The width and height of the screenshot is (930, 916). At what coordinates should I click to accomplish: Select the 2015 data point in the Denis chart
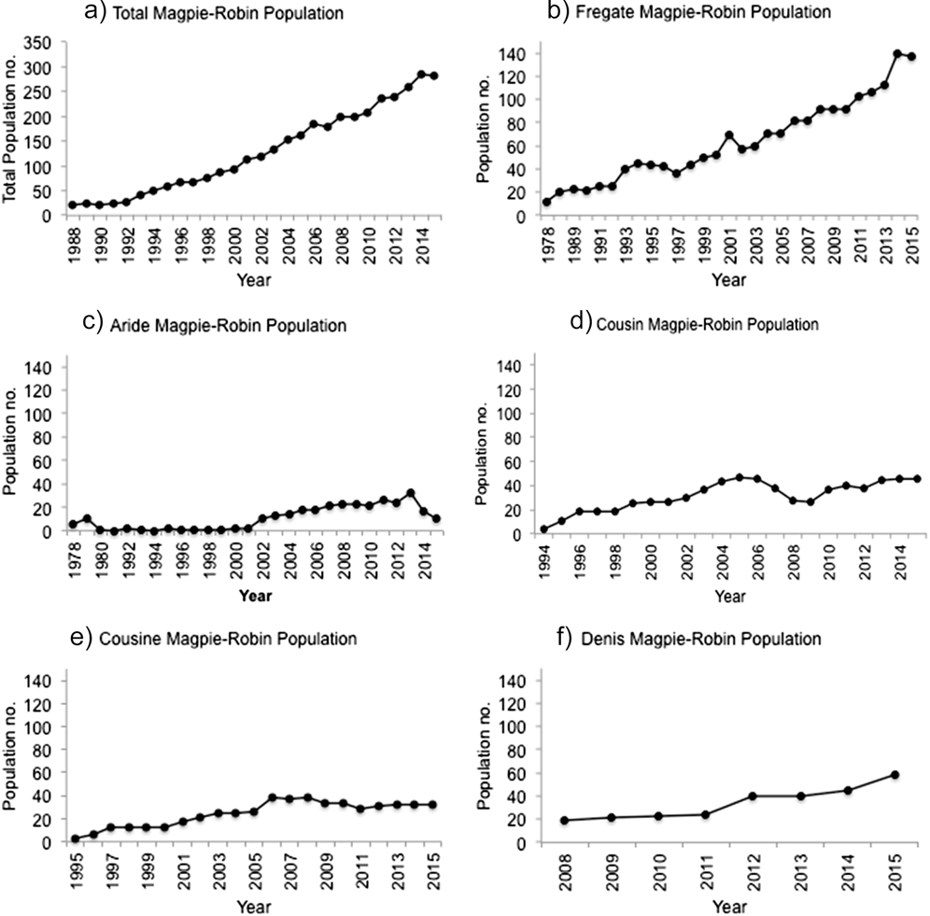(895, 774)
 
